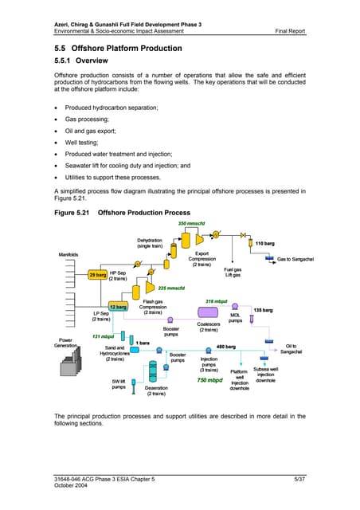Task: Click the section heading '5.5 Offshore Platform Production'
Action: click(x=119, y=49)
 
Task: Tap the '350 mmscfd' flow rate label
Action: click(x=191, y=224)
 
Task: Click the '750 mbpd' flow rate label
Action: click(x=209, y=381)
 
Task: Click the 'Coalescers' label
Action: click(x=209, y=326)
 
